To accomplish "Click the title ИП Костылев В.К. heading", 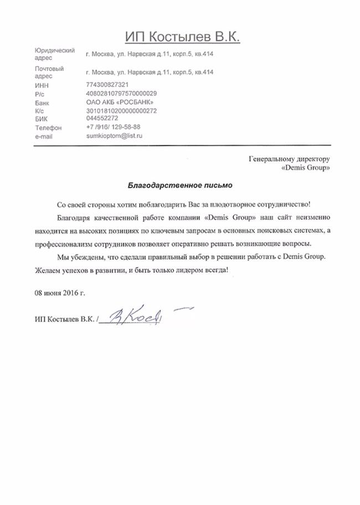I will [x=182, y=36].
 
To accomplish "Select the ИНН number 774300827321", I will [x=107, y=85].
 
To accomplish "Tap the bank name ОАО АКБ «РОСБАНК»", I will [x=116, y=102].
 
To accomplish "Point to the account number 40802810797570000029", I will [x=121, y=93].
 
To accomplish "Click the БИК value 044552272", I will [x=102, y=118].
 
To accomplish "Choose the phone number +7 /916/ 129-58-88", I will [x=113, y=127].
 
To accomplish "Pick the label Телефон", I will [x=47, y=127].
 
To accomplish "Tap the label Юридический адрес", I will [x=54, y=54].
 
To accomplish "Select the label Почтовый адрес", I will [x=49, y=72].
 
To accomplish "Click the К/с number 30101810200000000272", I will [x=121, y=111].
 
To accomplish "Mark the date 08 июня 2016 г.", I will [x=60, y=292].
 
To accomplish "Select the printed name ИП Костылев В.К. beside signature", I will [x=64, y=320].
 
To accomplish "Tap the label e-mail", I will [x=43, y=136].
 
